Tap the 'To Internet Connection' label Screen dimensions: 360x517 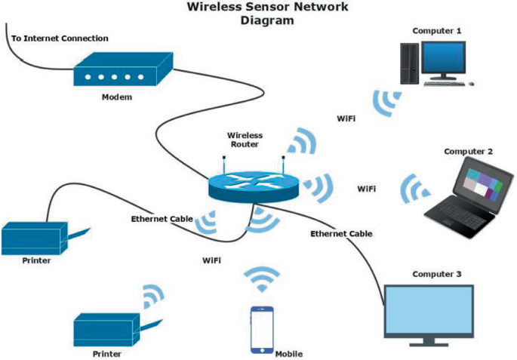click(x=60, y=38)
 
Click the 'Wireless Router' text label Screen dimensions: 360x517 click(x=245, y=140)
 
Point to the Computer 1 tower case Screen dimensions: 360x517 click(x=409, y=62)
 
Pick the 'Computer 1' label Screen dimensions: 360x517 click(x=436, y=30)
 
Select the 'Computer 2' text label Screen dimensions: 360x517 click(x=468, y=151)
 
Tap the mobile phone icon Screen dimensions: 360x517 click(x=261, y=329)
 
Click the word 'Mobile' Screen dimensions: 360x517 click(x=289, y=354)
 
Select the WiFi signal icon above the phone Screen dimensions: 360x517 click(x=262, y=279)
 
